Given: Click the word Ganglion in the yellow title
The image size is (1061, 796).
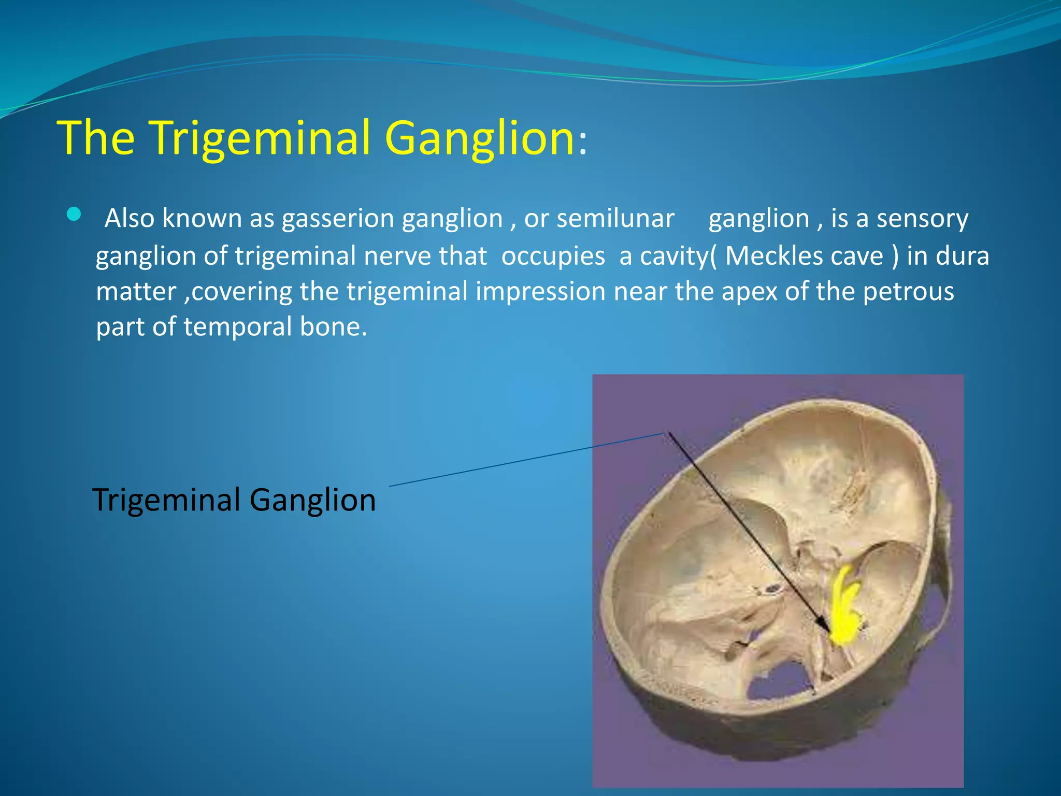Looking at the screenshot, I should click(479, 138).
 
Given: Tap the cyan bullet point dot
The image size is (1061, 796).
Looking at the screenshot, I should click(74, 214).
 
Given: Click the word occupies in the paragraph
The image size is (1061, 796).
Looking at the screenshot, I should click(553, 256).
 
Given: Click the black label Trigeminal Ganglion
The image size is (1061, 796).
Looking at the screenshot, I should click(234, 500).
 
